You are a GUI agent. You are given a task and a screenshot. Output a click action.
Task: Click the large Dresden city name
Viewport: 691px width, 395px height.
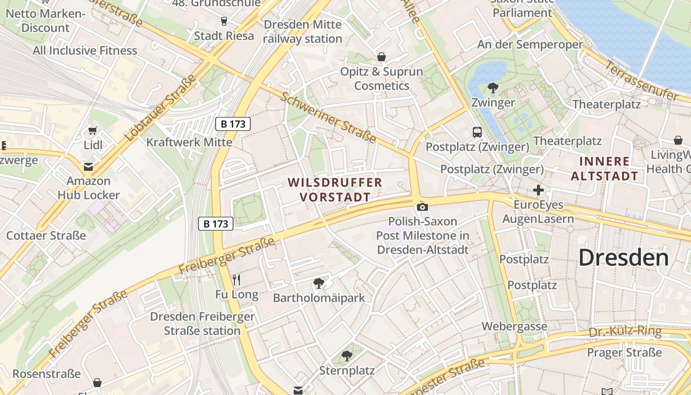click(623, 258)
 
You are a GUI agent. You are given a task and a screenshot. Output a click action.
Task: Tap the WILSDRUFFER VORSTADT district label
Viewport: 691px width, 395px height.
click(335, 190)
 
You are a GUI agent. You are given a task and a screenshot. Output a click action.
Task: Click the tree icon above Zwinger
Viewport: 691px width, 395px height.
click(493, 88)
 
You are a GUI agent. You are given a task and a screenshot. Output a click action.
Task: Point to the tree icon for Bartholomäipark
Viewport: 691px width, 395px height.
click(319, 283)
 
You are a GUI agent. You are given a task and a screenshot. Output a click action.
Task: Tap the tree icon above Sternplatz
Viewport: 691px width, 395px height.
click(347, 356)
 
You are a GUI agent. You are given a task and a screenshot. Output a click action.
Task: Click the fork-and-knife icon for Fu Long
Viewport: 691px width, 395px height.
click(236, 280)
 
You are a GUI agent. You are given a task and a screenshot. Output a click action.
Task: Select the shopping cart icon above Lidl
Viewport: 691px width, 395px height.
click(92, 131)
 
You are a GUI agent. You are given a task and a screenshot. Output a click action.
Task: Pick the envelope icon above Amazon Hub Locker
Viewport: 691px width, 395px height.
click(88, 166)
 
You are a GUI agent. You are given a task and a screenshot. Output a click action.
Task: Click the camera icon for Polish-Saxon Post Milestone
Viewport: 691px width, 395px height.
click(422, 207)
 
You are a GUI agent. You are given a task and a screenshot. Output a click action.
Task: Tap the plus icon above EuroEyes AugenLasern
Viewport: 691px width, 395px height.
click(538, 190)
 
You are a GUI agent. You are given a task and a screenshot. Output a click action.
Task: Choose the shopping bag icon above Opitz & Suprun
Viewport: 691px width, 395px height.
click(381, 57)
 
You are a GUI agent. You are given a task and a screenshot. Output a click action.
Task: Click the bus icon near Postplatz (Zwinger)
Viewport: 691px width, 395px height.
click(477, 132)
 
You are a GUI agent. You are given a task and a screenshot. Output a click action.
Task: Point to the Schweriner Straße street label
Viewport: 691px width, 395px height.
click(329, 118)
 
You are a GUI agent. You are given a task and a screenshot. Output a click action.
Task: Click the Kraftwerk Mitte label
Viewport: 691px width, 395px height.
click(189, 142)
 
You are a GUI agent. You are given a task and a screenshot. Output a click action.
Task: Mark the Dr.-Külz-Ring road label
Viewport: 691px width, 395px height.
click(625, 331)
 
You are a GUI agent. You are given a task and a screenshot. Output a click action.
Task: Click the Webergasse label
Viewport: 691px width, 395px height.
click(514, 326)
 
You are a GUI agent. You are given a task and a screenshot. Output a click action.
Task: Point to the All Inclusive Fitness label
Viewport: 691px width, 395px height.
click(85, 50)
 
